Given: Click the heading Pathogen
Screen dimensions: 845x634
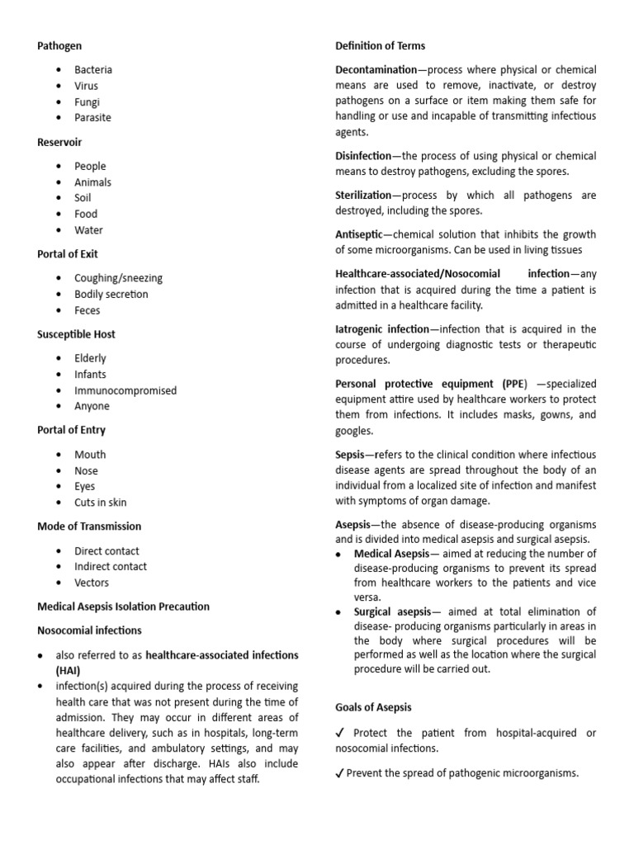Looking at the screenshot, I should (x=59, y=45).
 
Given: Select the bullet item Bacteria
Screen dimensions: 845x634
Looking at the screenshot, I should (x=93, y=69).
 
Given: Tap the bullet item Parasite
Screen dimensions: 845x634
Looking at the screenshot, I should (x=92, y=117).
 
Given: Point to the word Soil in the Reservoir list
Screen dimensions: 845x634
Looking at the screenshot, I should (x=83, y=198).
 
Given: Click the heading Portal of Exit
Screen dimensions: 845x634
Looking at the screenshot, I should (x=68, y=254).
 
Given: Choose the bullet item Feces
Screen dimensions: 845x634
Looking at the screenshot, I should (x=88, y=310).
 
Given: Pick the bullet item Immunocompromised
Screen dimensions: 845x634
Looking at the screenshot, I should (x=125, y=390).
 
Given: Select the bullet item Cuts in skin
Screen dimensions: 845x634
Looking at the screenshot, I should (x=101, y=503).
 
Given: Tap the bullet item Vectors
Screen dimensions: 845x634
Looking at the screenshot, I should (x=92, y=583).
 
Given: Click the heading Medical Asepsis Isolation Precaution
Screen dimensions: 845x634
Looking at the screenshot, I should (x=124, y=607).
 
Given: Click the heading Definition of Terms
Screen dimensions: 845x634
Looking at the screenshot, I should (x=381, y=45).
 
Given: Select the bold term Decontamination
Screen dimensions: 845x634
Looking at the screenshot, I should (x=376, y=69).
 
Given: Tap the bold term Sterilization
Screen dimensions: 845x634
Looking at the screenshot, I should (x=363, y=196).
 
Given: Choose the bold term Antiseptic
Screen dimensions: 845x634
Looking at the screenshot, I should (x=359, y=235).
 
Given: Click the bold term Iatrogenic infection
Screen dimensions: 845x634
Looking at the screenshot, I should (x=382, y=329).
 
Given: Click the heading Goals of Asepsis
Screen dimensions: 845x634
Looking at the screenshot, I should (x=373, y=707).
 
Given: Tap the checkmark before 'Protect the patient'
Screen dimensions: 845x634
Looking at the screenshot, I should (x=340, y=733).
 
